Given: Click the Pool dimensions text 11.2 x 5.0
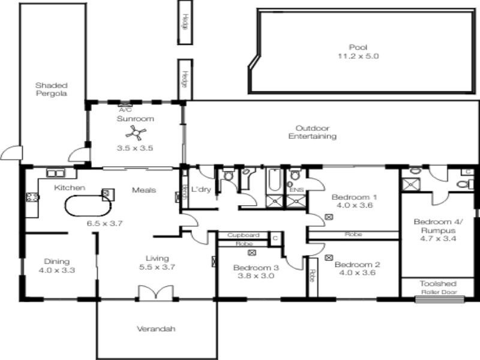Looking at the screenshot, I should coord(358,56).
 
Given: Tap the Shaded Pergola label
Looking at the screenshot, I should coord(50,89).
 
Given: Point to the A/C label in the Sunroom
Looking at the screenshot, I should coord(125,110).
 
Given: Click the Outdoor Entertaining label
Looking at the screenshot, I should coord(312,132).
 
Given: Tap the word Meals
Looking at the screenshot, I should coord(144,190).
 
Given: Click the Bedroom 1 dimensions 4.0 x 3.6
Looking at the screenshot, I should coord(353,205).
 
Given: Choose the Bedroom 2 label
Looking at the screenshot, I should coord(357,264).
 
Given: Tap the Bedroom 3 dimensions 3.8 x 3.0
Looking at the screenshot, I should coord(256,277).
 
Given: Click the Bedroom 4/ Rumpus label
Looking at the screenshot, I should coord(435,226).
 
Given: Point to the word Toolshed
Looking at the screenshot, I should coord(437,283).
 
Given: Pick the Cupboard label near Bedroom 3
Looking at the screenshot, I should coord(244,235).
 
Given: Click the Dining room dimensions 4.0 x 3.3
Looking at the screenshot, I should coord(57,270).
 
